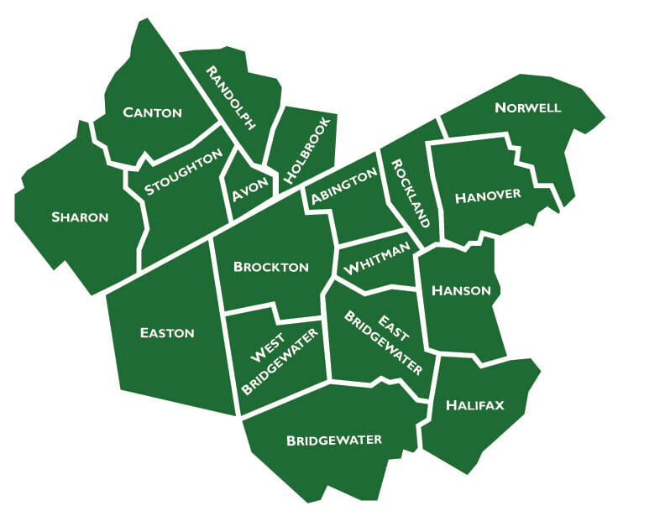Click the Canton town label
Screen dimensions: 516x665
pos(152,112)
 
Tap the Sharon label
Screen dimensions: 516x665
pos(80,217)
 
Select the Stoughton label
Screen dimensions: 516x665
pos(183,172)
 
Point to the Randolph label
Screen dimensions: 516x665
pos(231,97)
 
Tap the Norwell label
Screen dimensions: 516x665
pos(527,108)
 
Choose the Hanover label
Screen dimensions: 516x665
pos(488,196)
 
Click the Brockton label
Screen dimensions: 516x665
pos(271,268)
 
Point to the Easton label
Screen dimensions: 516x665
pos(167,333)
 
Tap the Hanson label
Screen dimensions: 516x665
pos(461,290)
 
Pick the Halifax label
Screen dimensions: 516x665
pos(475,405)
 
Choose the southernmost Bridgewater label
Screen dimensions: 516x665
pos(334,440)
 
